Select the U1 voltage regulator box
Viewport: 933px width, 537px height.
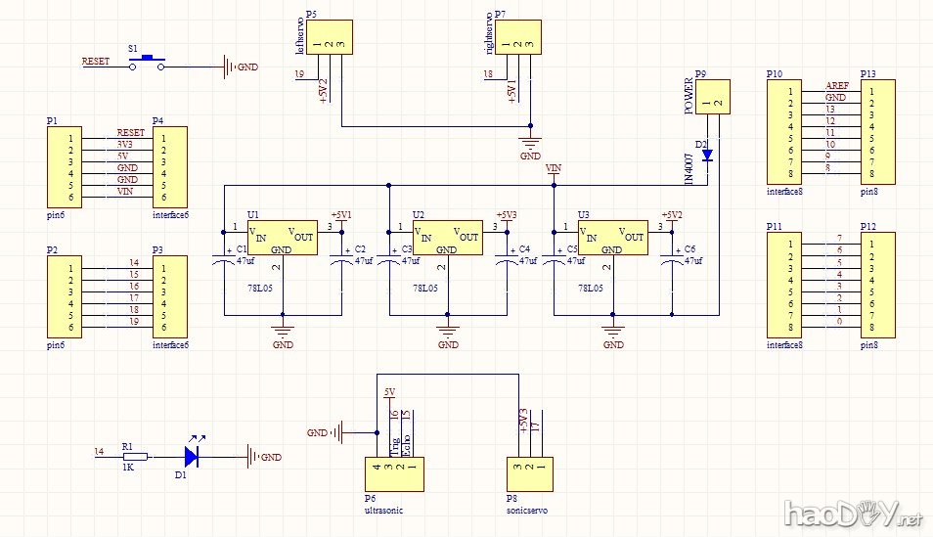[284, 238]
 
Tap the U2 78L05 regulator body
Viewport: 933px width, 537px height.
[448, 238]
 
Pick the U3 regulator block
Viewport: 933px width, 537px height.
[612, 238]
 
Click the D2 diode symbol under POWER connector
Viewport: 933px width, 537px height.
[707, 155]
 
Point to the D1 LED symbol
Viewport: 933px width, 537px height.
[193, 456]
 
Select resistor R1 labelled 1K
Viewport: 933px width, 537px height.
[134, 456]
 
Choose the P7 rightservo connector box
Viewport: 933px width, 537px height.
[518, 37]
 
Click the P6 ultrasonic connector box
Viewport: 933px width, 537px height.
[395, 474]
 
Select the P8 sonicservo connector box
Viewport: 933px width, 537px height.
[528, 474]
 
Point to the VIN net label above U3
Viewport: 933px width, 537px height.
[554, 170]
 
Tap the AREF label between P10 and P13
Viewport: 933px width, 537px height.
[836, 86]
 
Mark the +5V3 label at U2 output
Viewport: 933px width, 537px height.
[506, 214]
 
